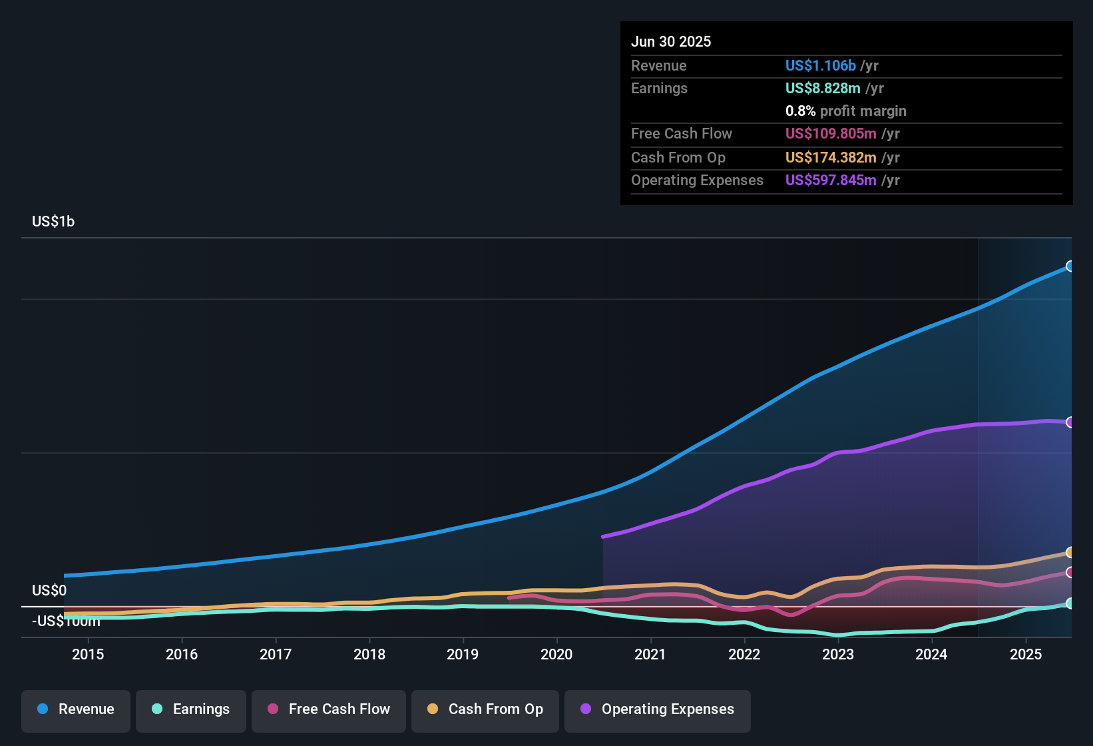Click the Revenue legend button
[x=76, y=709]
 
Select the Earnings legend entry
[x=191, y=709]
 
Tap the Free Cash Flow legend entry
[x=329, y=709]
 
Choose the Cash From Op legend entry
[x=485, y=709]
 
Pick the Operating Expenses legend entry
[x=658, y=709]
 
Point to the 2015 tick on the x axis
[x=88, y=654]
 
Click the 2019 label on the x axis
[x=463, y=654]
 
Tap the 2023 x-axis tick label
[x=838, y=654]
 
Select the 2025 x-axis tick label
[x=1026, y=654]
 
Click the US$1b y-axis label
[x=53, y=221]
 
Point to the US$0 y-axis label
[x=49, y=590]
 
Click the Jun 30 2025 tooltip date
[x=671, y=41]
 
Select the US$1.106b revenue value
[x=820, y=65]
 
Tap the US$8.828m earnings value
[x=823, y=88]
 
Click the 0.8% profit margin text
[x=845, y=111]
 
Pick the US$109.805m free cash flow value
[x=830, y=133]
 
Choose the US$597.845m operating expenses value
[x=830, y=180]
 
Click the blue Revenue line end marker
[x=1070, y=266]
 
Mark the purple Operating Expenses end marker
[x=1070, y=422]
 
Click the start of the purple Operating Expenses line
[x=603, y=536]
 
